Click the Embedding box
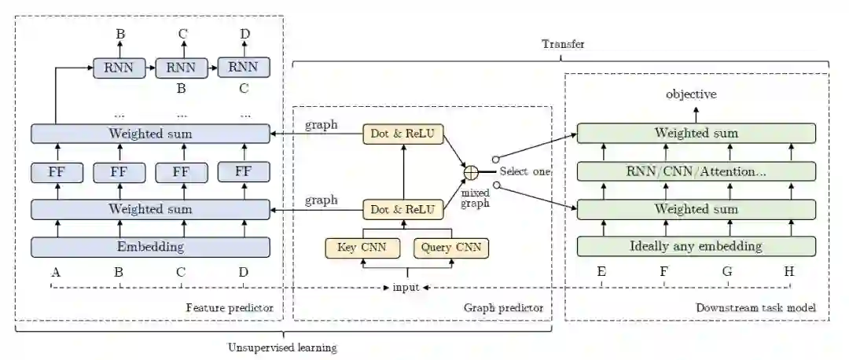pyautogui.click(x=149, y=246)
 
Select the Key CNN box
pyautogui.click(x=358, y=248)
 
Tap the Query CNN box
pyautogui.click(x=450, y=248)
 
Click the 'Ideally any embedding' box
pyautogui.click(x=696, y=246)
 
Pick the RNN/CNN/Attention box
pyautogui.click(x=696, y=171)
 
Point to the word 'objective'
pyautogui.click(x=691, y=94)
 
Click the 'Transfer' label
pyautogui.click(x=563, y=44)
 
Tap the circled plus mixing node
pyautogui.click(x=471, y=172)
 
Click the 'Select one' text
pyautogui.click(x=524, y=171)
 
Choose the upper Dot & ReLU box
pyautogui.click(x=403, y=134)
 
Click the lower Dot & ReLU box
pyautogui.click(x=403, y=210)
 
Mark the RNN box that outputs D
pyautogui.click(x=243, y=68)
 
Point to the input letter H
pyautogui.click(x=788, y=273)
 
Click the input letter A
pyautogui.click(x=55, y=273)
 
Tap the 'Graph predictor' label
pyautogui.click(x=503, y=308)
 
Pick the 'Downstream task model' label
pyautogui.click(x=755, y=308)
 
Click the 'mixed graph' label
pyautogui.click(x=476, y=197)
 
